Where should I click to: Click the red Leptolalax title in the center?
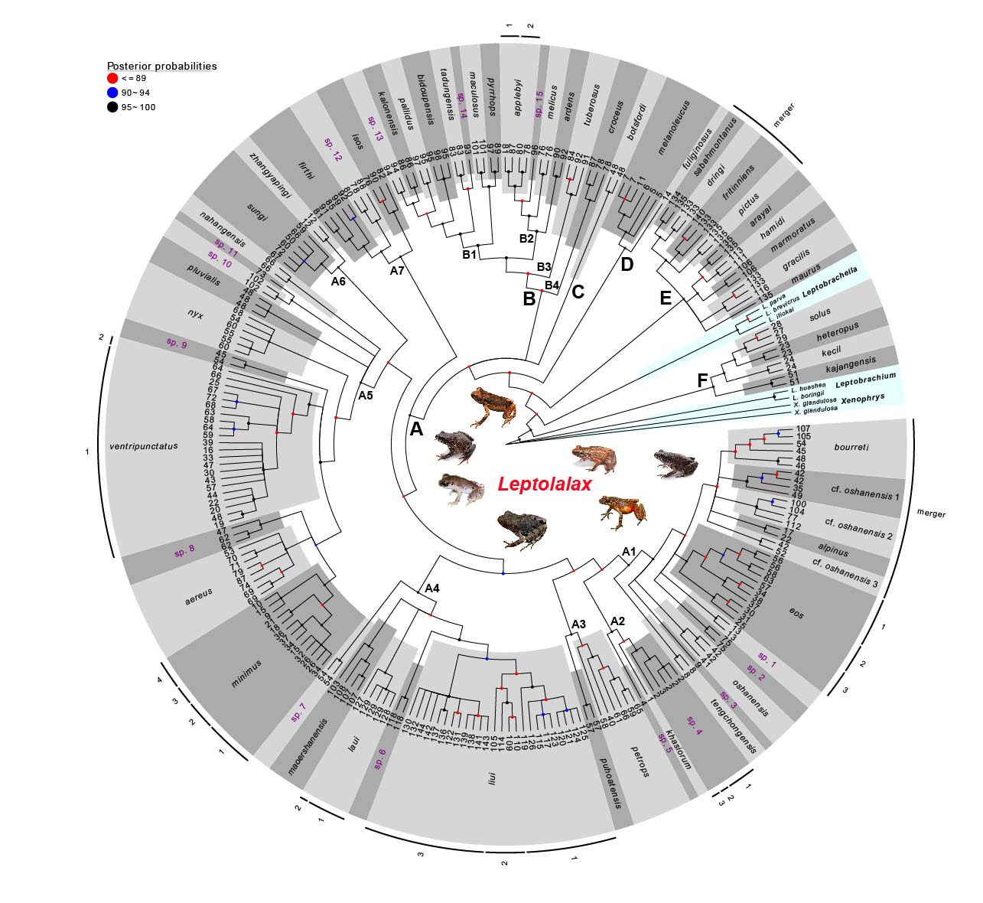[x=544, y=484]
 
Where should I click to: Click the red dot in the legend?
[x=112, y=78]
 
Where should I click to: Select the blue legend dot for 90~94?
[x=112, y=93]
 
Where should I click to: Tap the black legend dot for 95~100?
[x=112, y=107]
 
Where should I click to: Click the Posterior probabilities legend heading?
[x=161, y=66]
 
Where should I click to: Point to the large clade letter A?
[x=416, y=429]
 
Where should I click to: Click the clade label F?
[x=702, y=380]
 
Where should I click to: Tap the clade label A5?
[x=366, y=396]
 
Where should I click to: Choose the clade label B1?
[x=469, y=254]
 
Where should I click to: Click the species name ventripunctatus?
[x=144, y=446]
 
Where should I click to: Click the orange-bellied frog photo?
[x=621, y=512]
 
